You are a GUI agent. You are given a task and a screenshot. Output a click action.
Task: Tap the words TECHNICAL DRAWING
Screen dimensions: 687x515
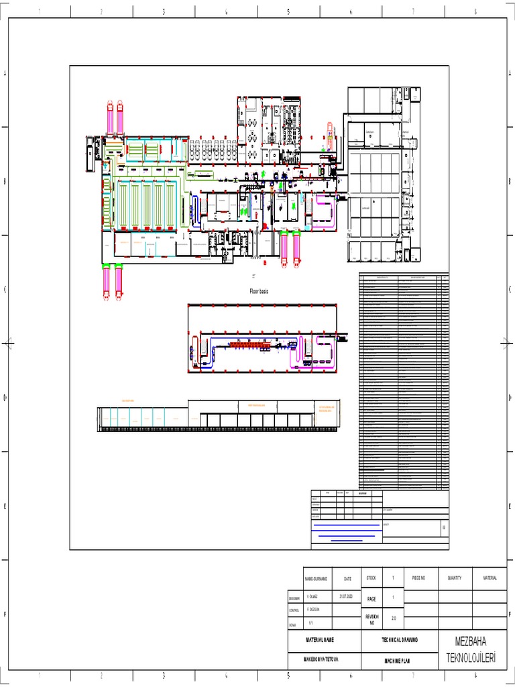click(x=400, y=641)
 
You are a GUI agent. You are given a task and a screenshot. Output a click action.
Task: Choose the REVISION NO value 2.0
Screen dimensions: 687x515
click(x=394, y=619)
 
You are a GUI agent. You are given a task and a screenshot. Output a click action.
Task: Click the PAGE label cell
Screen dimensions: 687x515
click(x=371, y=598)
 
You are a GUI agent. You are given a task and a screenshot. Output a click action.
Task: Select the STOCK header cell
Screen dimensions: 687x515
click(x=371, y=578)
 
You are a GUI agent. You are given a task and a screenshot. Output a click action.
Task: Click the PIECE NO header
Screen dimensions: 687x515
click(x=418, y=578)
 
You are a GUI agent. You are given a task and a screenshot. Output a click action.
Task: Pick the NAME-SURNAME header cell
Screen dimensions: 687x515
click(x=316, y=578)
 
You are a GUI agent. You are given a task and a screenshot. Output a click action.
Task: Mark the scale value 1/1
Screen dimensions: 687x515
click(x=311, y=623)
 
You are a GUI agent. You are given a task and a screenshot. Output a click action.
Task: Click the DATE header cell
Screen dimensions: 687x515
click(x=347, y=578)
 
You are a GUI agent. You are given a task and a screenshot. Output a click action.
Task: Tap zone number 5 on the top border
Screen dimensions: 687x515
click(x=288, y=11)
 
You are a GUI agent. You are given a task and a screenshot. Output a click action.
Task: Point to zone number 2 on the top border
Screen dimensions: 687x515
click(x=101, y=11)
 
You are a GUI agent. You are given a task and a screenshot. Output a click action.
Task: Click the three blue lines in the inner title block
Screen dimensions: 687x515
click(x=347, y=532)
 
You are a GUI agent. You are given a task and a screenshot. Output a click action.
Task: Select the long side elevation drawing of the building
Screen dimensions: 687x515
click(x=219, y=416)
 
